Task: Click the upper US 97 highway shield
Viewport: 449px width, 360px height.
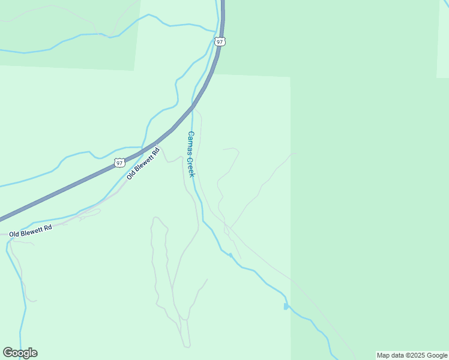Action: pyautogui.click(x=220, y=41)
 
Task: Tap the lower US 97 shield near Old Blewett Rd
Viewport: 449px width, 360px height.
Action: pyautogui.click(x=120, y=163)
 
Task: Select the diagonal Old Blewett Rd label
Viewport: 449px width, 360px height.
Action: pyautogui.click(x=143, y=163)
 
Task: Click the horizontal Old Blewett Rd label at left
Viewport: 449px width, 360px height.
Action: pyautogui.click(x=31, y=229)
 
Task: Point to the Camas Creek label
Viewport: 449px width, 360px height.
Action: pyautogui.click(x=191, y=154)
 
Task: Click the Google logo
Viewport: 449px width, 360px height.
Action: pyautogui.click(x=20, y=353)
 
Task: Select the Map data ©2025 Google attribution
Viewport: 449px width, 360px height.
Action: pyautogui.click(x=412, y=355)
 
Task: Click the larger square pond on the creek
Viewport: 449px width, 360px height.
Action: pyautogui.click(x=286, y=307)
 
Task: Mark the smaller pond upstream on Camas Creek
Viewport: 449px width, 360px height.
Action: pyautogui.click(x=231, y=255)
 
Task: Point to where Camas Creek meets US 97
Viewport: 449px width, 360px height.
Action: pyautogui.click(x=193, y=107)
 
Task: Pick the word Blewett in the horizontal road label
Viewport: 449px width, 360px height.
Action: pyautogui.click(x=32, y=229)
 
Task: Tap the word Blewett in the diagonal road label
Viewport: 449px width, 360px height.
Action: pyautogui.click(x=143, y=162)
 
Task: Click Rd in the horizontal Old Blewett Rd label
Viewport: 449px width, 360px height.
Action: pyautogui.click(x=48, y=227)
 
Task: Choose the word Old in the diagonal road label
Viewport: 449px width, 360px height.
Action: pyautogui.click(x=130, y=175)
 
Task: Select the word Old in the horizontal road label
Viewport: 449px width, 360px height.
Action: pyautogui.click(x=14, y=232)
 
